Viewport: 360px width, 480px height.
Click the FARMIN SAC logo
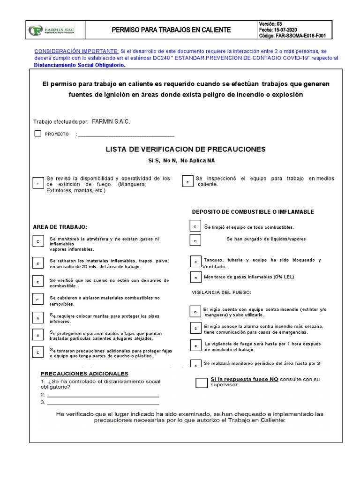coord(52,30)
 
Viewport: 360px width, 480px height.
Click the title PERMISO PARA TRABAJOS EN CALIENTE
coord(171,30)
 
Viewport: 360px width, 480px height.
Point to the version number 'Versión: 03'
coord(270,24)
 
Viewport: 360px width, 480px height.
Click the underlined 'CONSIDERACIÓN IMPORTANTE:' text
coord(77,51)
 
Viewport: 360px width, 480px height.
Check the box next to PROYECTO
coord(38,134)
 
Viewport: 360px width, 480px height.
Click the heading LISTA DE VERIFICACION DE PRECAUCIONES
coord(186,149)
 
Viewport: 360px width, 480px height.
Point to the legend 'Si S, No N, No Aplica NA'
coord(181,161)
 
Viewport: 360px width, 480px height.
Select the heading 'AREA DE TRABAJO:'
coord(60,226)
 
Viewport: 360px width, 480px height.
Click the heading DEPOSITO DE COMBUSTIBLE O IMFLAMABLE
coord(253,212)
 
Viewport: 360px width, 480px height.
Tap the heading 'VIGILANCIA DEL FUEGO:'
coord(221,292)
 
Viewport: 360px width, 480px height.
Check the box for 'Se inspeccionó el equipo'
coord(187,182)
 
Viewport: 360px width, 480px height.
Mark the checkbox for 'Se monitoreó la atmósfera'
coord(38,242)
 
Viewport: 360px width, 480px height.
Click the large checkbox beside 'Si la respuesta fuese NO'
coord(201,382)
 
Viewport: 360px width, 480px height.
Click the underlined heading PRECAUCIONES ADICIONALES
coord(84,374)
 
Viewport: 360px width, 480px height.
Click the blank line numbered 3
coord(103,403)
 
